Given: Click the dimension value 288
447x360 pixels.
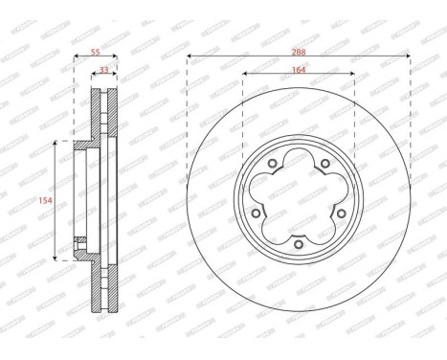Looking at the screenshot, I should [x=299, y=51].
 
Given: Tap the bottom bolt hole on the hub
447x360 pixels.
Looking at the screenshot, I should [x=299, y=245].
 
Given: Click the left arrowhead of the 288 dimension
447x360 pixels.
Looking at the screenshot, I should [x=190, y=57].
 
